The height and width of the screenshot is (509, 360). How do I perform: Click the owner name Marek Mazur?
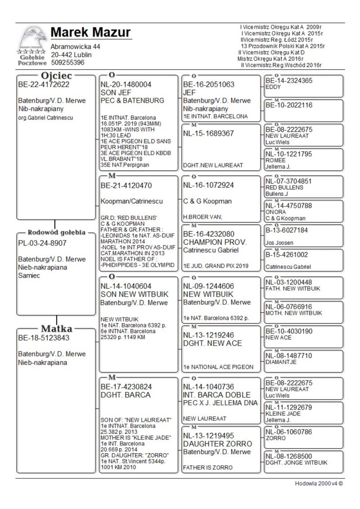point(90,32)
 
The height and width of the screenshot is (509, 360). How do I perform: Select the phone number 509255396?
point(67,63)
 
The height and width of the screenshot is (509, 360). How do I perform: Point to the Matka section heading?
point(57,328)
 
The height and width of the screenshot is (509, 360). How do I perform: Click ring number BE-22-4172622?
point(44,84)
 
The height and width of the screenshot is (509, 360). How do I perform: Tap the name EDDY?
point(273,87)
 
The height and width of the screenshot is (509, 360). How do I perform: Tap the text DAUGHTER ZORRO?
point(217,444)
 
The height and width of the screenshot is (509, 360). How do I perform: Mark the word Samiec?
point(29,276)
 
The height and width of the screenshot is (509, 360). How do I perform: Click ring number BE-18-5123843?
point(44,338)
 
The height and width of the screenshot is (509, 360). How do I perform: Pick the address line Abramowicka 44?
point(76,47)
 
